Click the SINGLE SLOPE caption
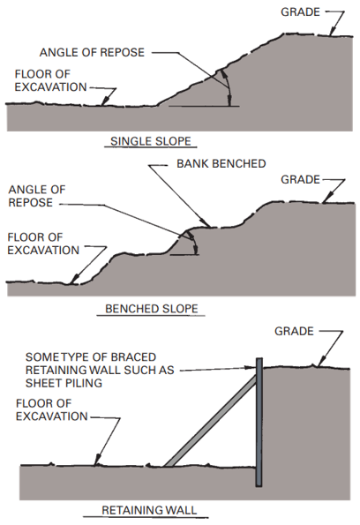(x=151, y=141)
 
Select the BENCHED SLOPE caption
(x=152, y=308)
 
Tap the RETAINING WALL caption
(x=149, y=510)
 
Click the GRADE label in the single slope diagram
(x=300, y=12)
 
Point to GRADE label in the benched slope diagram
(x=300, y=179)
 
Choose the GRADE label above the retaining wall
(x=294, y=331)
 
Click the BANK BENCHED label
(x=221, y=164)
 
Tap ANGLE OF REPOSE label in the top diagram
(x=92, y=53)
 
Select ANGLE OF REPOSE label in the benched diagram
(x=37, y=196)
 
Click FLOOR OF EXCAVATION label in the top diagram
(x=50, y=80)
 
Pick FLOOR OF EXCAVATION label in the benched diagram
(x=43, y=244)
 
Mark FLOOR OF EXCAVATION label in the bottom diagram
(x=51, y=409)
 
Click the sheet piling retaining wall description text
(x=100, y=370)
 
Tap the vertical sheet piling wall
(x=259, y=422)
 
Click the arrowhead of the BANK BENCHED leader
(x=206, y=223)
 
